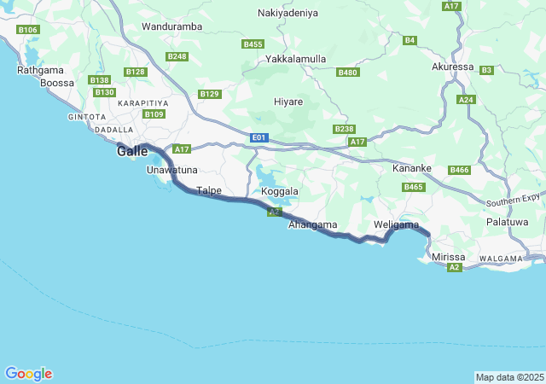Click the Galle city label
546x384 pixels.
(133, 151)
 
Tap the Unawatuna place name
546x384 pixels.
(171, 170)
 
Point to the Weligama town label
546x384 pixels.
(397, 224)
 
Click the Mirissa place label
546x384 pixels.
(449, 257)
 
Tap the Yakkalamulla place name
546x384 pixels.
(296, 59)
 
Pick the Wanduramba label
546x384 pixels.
(172, 26)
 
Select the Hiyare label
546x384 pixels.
(288, 102)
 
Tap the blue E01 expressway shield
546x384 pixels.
(260, 137)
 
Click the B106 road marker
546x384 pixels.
(28, 30)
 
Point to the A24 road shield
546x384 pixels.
(466, 100)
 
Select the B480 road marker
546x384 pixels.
(348, 73)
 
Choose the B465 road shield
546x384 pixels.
(414, 187)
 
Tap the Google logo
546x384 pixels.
(28, 374)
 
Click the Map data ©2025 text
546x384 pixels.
(508, 377)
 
